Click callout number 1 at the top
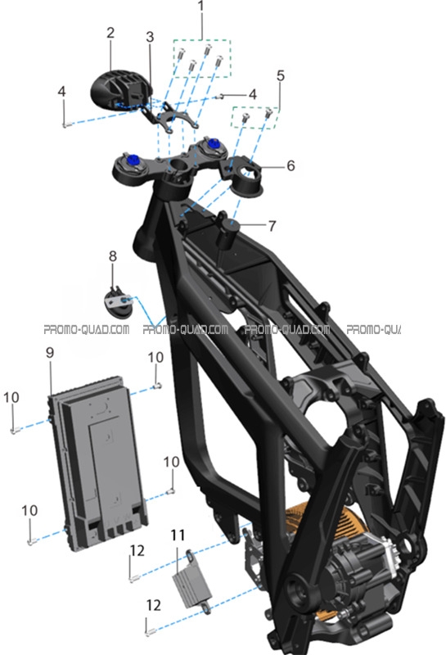click(x=201, y=7)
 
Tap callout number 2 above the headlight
click(x=110, y=33)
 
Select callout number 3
click(x=150, y=37)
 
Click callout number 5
click(x=281, y=75)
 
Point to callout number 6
click(x=291, y=166)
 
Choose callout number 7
click(x=273, y=226)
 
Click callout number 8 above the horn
click(x=113, y=256)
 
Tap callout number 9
click(x=50, y=353)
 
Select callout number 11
click(x=178, y=535)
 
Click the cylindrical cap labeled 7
click(x=229, y=233)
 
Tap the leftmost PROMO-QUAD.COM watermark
click(x=87, y=330)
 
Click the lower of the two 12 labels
click(x=154, y=605)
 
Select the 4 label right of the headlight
click(x=253, y=94)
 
